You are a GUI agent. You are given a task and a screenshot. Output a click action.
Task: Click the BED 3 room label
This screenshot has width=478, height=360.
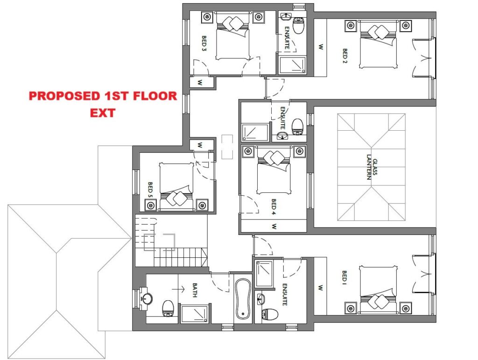click(x=204, y=43)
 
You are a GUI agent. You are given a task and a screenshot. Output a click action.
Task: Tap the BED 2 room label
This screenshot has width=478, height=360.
click(x=345, y=56)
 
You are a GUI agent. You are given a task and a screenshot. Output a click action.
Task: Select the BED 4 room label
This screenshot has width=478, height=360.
click(x=274, y=207)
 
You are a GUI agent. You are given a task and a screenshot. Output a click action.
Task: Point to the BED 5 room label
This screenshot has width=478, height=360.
click(x=150, y=190)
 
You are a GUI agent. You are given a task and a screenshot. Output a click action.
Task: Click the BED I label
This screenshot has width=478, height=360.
click(x=344, y=276)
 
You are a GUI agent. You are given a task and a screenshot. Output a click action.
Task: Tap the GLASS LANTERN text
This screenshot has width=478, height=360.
click(x=372, y=169)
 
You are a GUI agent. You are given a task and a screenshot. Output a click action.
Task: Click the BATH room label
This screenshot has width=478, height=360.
click(x=195, y=290)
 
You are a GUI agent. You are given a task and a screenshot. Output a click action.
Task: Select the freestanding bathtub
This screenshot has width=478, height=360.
click(x=243, y=299)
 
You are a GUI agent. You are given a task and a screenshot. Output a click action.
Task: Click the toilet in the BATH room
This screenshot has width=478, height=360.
click(x=168, y=308)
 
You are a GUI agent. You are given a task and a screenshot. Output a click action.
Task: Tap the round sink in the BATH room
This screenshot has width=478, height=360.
click(x=147, y=298)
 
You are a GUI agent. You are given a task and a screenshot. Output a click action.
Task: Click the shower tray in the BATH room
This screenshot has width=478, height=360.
click(x=195, y=314)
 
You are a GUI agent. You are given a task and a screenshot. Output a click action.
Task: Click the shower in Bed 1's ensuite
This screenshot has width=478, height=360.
click(x=264, y=274)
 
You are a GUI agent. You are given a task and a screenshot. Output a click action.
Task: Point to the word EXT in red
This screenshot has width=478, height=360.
click(x=102, y=113)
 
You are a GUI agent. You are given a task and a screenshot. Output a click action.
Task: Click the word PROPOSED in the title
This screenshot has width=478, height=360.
click(x=65, y=96)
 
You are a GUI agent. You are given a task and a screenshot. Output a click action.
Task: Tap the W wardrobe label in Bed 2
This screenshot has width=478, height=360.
click(x=321, y=47)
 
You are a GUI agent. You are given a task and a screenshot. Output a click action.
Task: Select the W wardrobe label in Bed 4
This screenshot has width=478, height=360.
click(x=274, y=226)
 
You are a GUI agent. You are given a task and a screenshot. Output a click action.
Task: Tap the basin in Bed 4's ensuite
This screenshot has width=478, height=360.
click(x=283, y=136)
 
